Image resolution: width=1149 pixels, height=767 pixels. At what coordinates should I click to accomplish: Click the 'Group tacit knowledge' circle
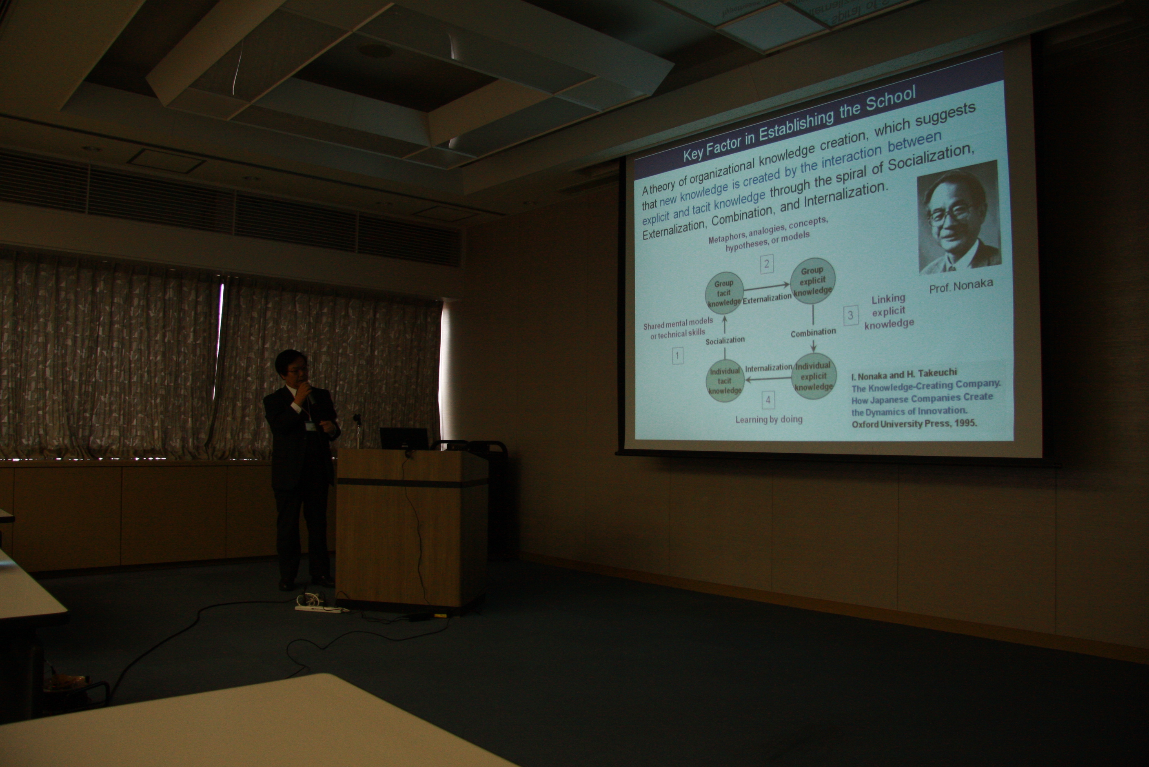[x=724, y=293]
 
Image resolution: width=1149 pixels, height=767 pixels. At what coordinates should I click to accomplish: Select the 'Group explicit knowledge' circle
[x=812, y=280]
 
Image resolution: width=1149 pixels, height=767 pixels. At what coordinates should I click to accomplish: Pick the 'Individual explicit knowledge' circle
[x=814, y=376]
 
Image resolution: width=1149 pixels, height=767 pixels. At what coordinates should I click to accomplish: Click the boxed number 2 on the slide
[x=767, y=264]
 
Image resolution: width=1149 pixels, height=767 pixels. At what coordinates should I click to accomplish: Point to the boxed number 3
[x=851, y=315]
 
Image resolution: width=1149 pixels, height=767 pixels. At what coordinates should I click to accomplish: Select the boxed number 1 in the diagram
[x=677, y=356]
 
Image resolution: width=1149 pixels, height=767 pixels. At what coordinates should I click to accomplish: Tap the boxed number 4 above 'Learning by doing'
[x=768, y=400]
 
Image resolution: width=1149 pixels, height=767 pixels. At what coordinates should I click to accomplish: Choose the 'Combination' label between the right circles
[x=813, y=332]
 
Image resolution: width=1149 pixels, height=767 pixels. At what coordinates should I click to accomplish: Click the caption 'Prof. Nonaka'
[x=960, y=286]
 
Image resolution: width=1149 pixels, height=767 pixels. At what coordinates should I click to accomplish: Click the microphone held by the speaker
[x=309, y=394]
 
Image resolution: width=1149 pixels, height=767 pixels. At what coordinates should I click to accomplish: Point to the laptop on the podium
[x=404, y=438]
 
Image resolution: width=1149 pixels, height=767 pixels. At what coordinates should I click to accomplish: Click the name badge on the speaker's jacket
[x=310, y=427]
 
